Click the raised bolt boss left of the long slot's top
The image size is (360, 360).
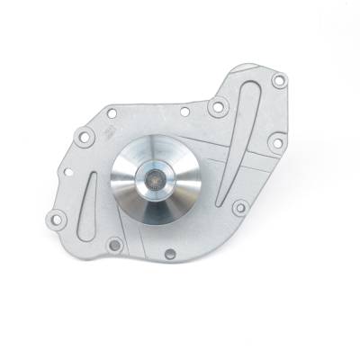(x=216, y=108)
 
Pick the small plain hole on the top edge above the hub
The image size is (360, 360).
(x=184, y=112)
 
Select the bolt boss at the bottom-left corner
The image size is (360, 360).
(x=58, y=217)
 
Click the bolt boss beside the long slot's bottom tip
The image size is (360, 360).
(x=239, y=208)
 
